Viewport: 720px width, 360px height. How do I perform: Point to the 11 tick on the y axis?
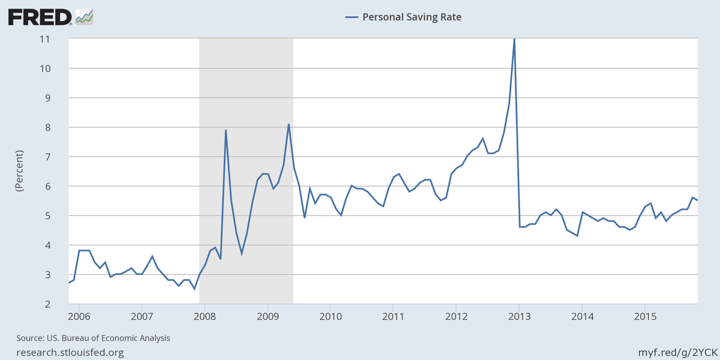pos(61,39)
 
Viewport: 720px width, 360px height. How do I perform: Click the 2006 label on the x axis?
pos(79,316)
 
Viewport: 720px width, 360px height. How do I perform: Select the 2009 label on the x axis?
pos(268,316)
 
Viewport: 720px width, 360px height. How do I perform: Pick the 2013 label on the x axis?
pos(519,316)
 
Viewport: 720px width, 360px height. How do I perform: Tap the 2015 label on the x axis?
pos(645,316)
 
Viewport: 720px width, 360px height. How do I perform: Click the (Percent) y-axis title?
pos(19,171)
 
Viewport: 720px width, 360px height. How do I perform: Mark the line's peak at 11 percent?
pos(514,39)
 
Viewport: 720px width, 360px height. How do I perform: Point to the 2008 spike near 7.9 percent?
pos(226,130)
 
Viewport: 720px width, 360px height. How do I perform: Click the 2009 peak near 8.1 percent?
pos(289,124)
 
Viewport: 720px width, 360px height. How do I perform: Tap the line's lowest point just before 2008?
pos(194,289)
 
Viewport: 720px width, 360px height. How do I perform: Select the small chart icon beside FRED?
pos(84,17)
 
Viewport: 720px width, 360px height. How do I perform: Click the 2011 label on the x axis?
pos(393,316)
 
